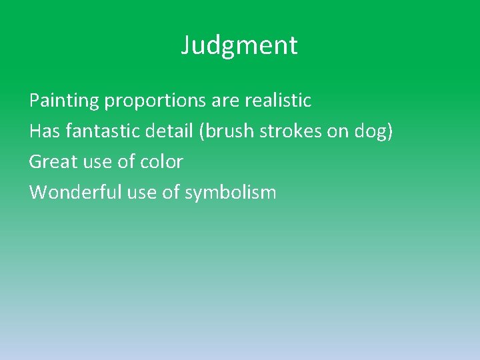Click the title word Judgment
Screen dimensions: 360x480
pos(239,46)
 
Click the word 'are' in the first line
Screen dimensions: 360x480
pos(227,101)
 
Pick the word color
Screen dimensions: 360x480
pos(160,162)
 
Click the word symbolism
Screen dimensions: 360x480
pos(230,193)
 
